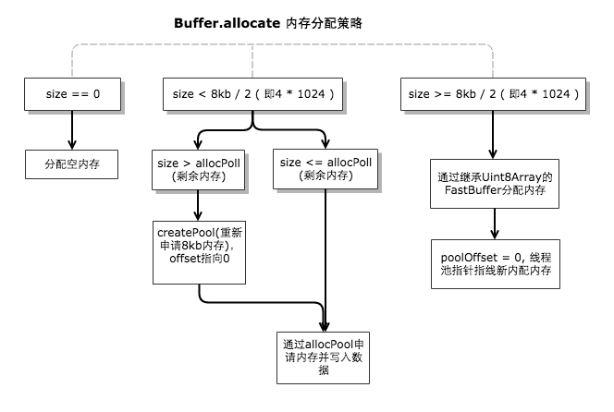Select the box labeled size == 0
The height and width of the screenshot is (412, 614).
click(71, 94)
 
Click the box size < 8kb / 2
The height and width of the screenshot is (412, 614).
click(252, 94)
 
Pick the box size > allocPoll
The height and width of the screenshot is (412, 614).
click(201, 172)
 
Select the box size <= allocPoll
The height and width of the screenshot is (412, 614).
click(326, 172)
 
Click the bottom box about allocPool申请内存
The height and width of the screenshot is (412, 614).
click(326, 356)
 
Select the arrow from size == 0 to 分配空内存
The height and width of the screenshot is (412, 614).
click(71, 129)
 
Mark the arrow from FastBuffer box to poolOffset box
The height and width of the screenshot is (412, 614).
click(496, 222)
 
